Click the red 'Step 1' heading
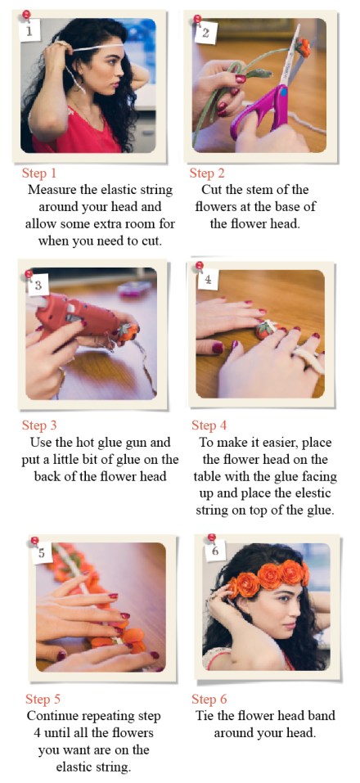[x=39, y=173]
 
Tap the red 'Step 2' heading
[x=207, y=173]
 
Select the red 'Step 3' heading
[x=39, y=425]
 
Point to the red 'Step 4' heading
[x=209, y=425]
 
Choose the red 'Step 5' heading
[x=43, y=699]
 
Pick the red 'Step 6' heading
[x=209, y=699]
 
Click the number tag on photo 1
[x=29, y=31]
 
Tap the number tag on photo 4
[x=208, y=280]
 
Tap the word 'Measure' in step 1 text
[x=52, y=191]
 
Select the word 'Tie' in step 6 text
[x=205, y=716]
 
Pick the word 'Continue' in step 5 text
[x=52, y=716]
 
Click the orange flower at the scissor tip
[x=303, y=47]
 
